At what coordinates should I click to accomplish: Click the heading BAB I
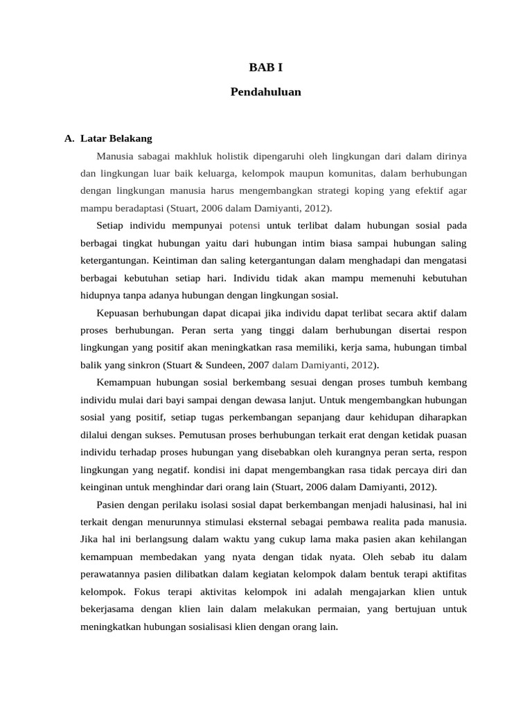coord(266,67)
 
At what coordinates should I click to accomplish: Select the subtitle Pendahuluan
coord(266,91)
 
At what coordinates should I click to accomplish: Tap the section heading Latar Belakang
coord(116,138)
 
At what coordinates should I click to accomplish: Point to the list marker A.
coord(69,138)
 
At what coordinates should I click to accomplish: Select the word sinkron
coord(142,365)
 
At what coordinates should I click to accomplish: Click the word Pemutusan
coord(205,435)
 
